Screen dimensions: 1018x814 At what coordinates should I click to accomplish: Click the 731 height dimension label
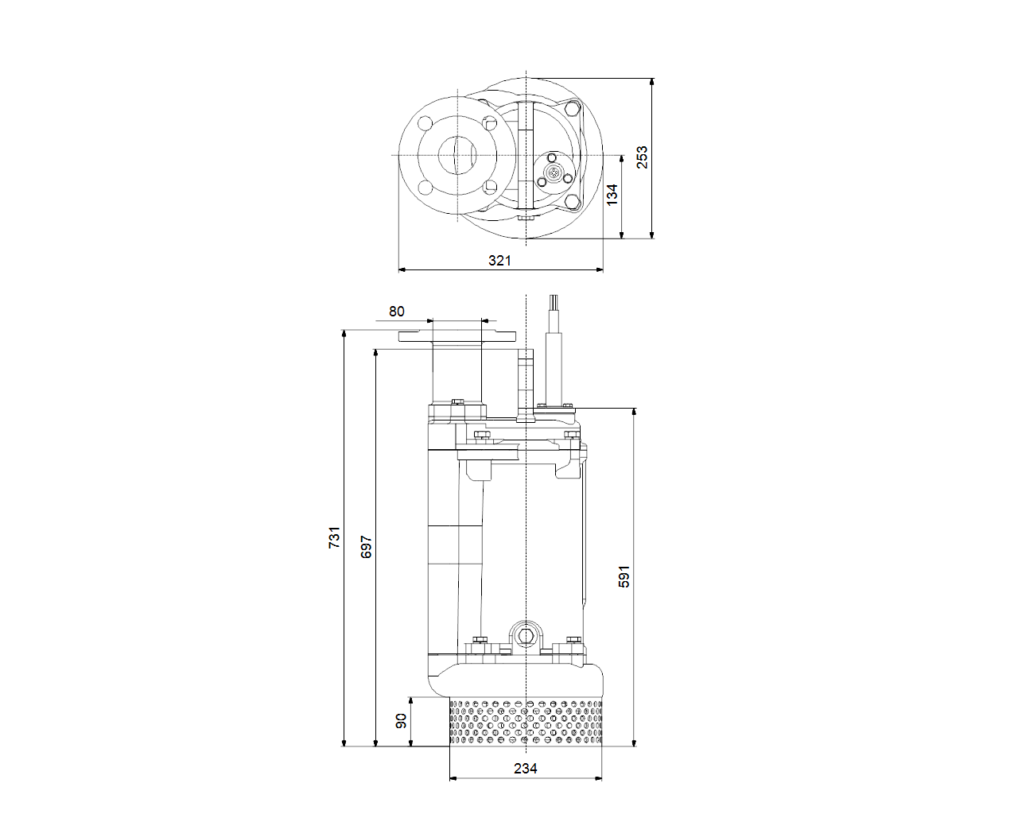335,537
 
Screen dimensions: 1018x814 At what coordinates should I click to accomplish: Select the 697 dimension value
366,547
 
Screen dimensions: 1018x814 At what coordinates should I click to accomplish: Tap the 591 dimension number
624,576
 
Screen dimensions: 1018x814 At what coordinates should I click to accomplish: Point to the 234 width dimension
526,768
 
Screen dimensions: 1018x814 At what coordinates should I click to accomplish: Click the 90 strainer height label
401,721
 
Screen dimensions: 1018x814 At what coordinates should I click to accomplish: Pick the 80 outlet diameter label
396,312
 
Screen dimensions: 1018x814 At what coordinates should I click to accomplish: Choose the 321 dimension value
499,260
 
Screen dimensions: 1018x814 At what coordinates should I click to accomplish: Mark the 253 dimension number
642,157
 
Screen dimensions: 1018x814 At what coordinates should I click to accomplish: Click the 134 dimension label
612,195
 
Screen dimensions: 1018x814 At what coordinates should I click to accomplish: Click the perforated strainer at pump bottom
526,722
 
